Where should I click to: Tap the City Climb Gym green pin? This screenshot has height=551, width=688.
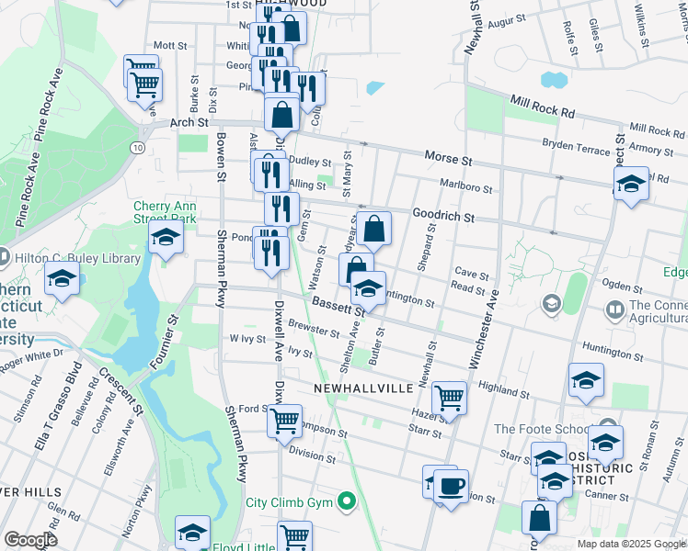[x=346, y=501]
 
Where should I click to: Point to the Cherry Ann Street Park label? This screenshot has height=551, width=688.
[x=166, y=212]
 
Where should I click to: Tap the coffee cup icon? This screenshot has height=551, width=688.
[x=450, y=485]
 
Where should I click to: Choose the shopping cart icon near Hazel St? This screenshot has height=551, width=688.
[x=449, y=398]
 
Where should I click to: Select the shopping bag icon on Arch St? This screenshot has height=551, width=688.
[x=282, y=115]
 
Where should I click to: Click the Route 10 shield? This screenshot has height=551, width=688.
[x=137, y=147]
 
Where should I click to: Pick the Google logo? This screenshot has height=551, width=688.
[x=30, y=540]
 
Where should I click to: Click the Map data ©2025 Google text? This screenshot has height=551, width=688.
[x=632, y=544]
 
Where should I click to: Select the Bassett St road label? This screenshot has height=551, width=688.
[x=338, y=306]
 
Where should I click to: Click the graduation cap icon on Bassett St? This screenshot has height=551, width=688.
[x=368, y=289]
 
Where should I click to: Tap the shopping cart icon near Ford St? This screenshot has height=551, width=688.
[x=284, y=420]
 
